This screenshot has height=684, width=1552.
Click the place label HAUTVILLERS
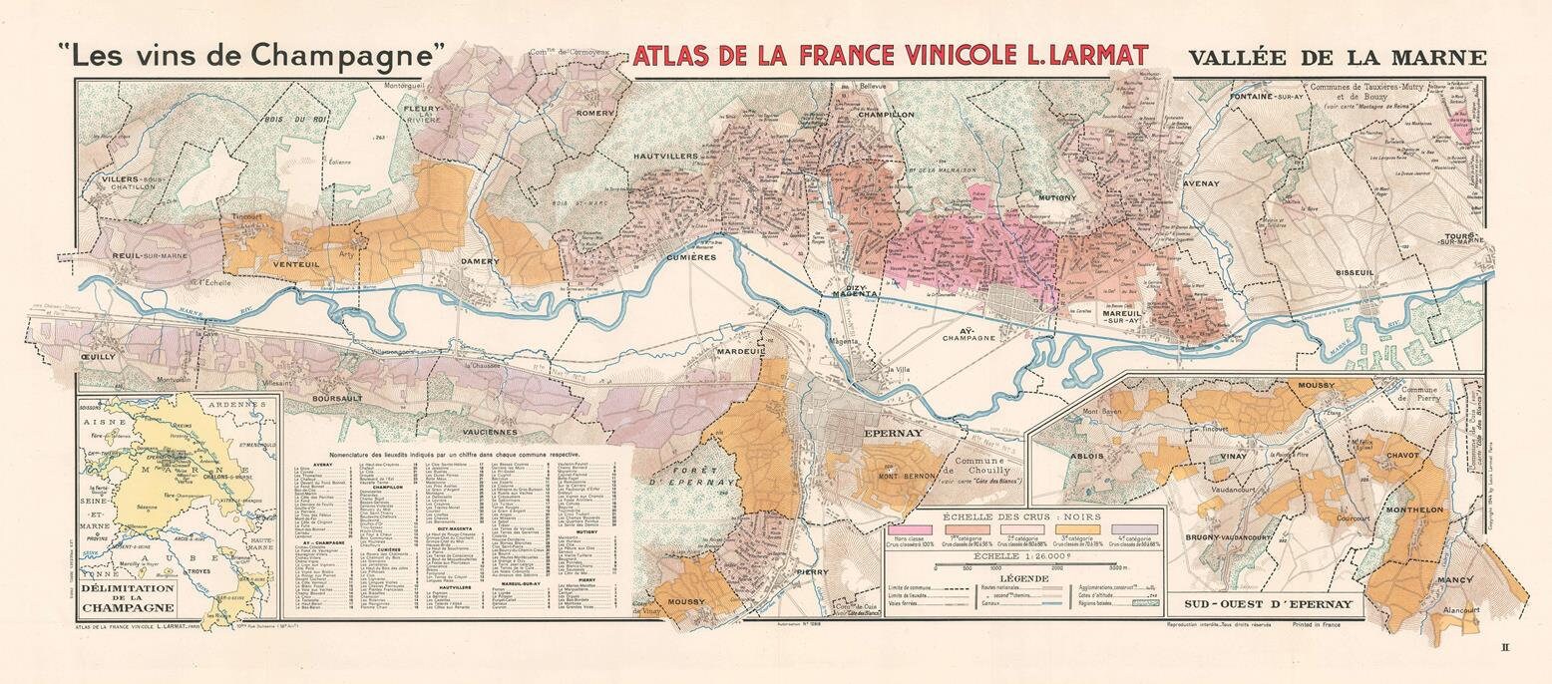click(x=667, y=156)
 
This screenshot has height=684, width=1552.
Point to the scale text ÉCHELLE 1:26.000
click(x=1024, y=556)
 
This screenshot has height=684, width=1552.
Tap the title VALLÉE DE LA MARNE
click(x=1337, y=58)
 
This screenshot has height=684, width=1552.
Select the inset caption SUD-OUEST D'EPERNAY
click(x=1267, y=604)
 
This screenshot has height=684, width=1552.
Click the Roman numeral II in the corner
click(x=1506, y=648)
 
